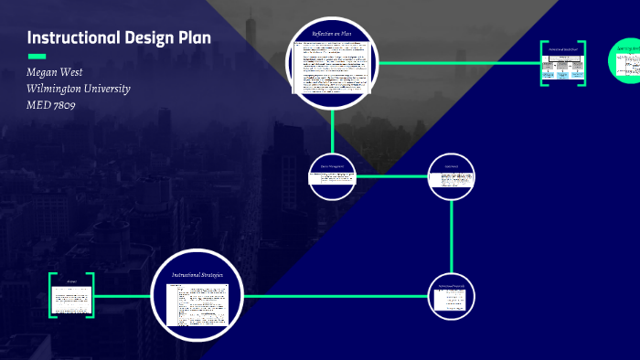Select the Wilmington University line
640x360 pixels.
(79, 89)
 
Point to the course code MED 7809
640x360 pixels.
(51, 105)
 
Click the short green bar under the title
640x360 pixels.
(37, 57)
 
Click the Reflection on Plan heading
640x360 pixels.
(333, 34)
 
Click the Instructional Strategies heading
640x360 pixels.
(198, 274)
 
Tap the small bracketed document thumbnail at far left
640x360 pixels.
(71, 295)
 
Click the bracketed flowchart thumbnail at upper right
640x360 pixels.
(562, 64)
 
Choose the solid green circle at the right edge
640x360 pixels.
(626, 61)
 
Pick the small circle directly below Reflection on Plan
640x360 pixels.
(333, 174)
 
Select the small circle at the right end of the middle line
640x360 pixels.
(453, 174)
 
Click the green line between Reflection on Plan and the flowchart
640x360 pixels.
(457, 63)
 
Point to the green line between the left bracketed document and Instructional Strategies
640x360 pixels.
(123, 296)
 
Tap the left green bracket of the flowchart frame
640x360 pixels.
(543, 63)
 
